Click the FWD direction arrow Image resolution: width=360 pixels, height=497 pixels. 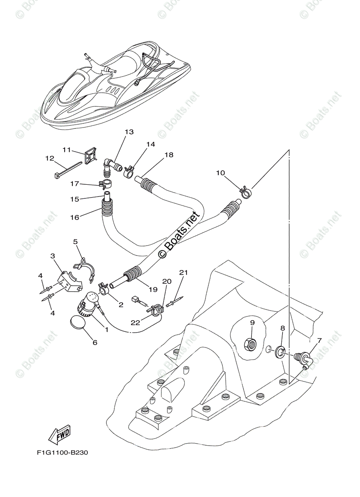click(x=60, y=433)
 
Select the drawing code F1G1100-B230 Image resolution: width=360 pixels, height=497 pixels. click(x=62, y=452)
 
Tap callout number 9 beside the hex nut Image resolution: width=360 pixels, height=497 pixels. click(x=252, y=322)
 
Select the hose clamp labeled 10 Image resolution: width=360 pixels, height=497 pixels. click(x=246, y=191)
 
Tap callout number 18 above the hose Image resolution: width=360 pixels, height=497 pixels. click(x=168, y=155)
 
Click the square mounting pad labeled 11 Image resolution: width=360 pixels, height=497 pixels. click(x=89, y=157)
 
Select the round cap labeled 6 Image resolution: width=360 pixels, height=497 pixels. click(x=77, y=323)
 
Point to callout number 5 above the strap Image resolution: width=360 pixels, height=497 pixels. click(x=75, y=241)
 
